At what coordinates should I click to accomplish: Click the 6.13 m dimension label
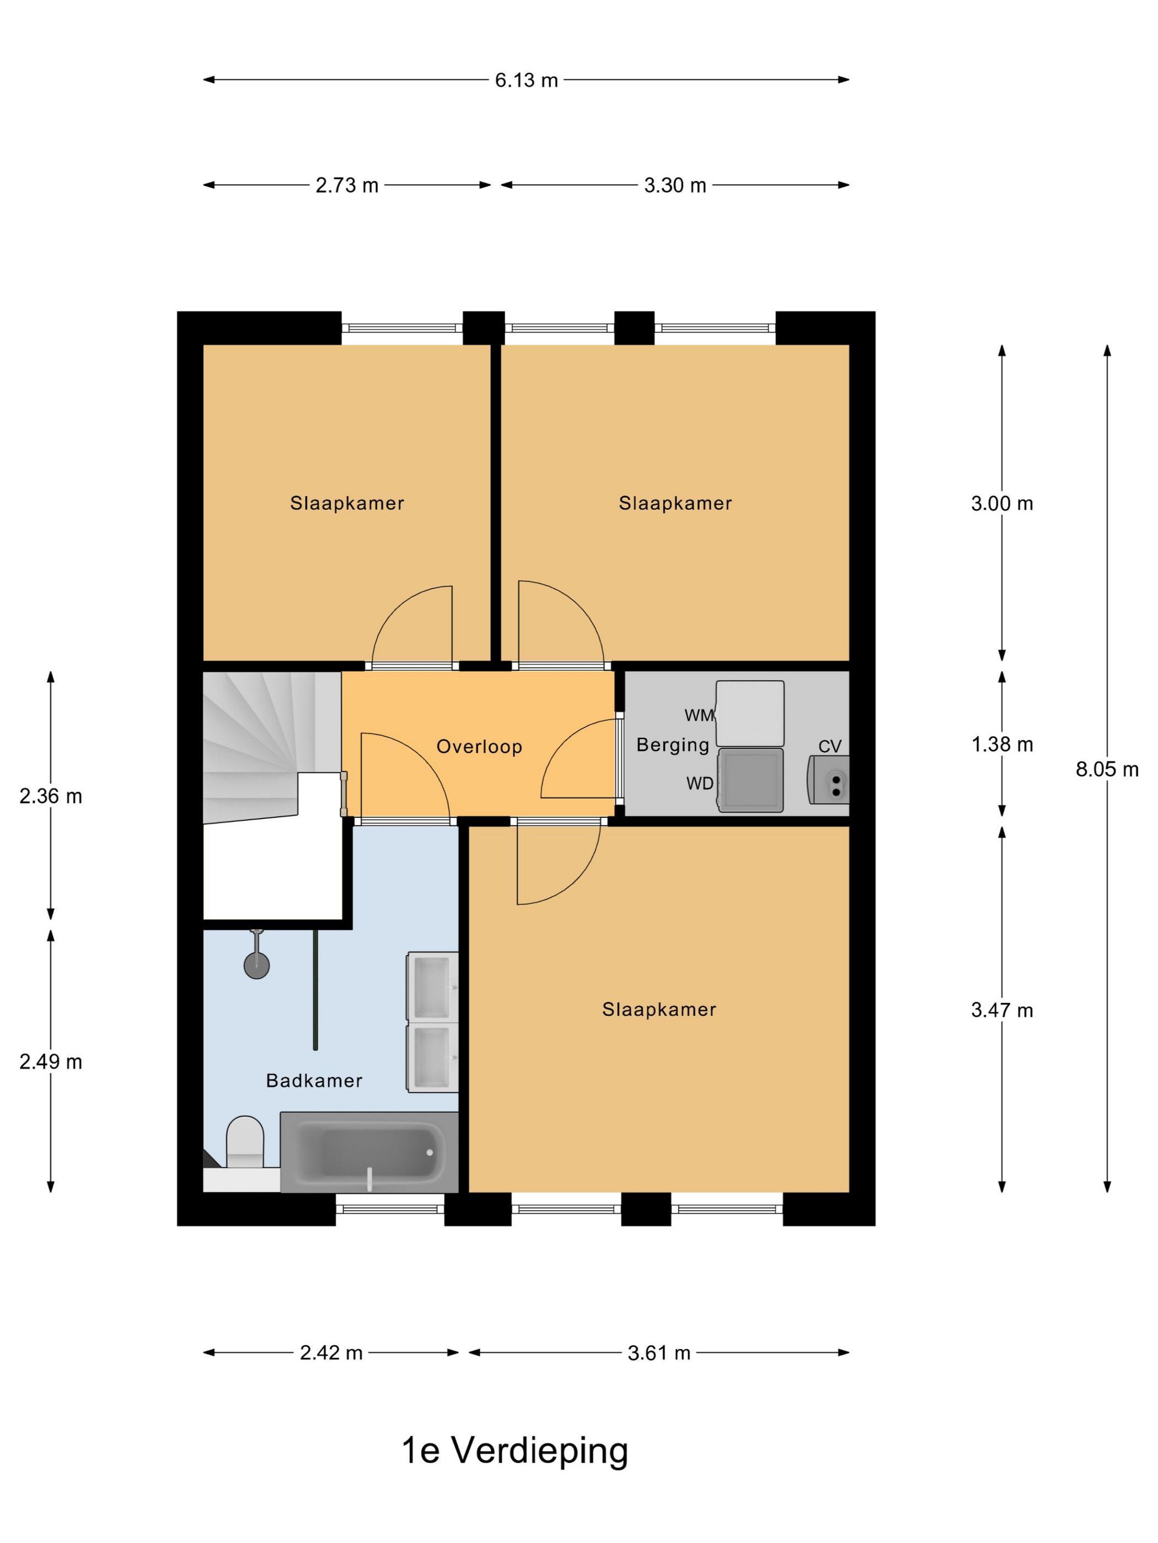click(526, 80)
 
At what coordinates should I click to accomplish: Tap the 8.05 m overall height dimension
click(1106, 769)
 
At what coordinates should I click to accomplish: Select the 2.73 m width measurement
click(347, 186)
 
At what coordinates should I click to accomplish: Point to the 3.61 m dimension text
click(659, 1353)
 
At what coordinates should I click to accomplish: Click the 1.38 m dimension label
click(1001, 744)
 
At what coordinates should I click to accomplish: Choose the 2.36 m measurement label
click(51, 796)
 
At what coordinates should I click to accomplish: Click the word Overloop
click(479, 747)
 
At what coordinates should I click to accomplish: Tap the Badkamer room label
click(314, 1081)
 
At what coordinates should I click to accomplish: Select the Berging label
click(673, 745)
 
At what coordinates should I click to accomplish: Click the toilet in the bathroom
click(245, 1142)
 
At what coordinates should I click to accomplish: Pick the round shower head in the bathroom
click(256, 965)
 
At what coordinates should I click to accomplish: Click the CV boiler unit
click(829, 780)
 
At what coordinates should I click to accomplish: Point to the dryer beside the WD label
click(750, 780)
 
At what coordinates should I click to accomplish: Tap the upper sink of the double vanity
click(433, 988)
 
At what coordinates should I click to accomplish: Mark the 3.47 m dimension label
click(1001, 1010)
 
